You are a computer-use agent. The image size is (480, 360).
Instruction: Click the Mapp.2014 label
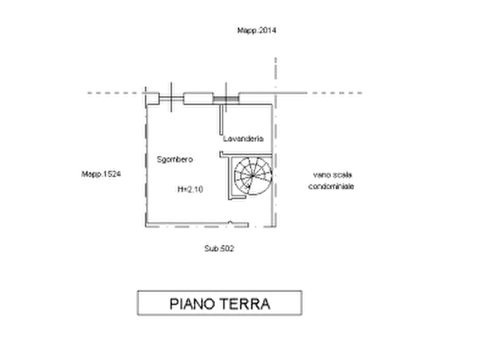coord(256,30)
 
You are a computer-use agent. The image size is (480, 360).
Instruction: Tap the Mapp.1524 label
coord(101,174)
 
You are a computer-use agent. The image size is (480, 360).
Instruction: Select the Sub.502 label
coord(219,248)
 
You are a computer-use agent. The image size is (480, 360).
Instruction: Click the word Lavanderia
coord(243,139)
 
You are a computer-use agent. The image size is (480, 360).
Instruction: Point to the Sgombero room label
coord(175,160)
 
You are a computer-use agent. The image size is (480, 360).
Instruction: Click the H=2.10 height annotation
coord(190,190)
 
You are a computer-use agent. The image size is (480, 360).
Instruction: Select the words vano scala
coord(332,175)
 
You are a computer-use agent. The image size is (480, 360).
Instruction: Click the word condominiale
coord(331,186)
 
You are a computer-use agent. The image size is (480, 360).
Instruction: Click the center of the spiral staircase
coord(253,176)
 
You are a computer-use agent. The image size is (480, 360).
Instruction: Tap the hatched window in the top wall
coord(226,99)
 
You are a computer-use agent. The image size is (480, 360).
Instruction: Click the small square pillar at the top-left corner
coord(152,98)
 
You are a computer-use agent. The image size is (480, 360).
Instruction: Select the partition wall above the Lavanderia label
coord(221,120)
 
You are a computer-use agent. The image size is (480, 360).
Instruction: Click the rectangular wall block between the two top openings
coord(198,98)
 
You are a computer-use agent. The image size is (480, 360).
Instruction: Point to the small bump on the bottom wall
coord(230,222)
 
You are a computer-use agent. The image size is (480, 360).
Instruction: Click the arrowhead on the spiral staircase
coord(249,185)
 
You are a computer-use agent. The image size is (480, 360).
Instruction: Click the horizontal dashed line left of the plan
coord(116,93)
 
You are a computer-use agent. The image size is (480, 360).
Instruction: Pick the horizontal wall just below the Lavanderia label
coord(246,154)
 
